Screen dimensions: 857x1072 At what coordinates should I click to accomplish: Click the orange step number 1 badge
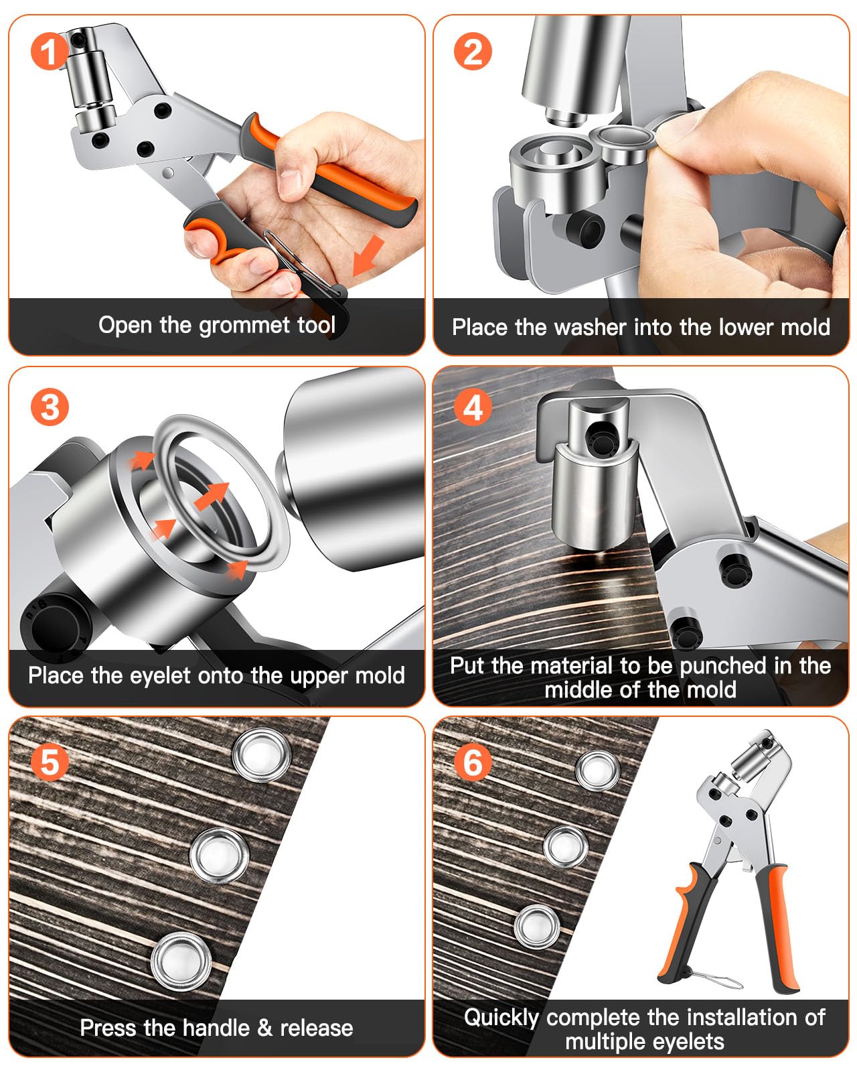pos(49,52)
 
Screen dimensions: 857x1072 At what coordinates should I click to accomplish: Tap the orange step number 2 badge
pos(473,52)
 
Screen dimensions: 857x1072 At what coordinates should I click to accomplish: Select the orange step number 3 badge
pos(50,407)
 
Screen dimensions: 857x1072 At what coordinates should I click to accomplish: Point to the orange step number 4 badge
pos(473,407)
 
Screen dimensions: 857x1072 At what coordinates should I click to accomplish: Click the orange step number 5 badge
pos(50,762)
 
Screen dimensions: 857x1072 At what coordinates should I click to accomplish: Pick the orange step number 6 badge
pos(473,762)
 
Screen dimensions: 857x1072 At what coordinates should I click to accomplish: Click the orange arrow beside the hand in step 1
pos(368,255)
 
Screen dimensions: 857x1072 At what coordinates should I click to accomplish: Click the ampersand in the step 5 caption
pos(265,1028)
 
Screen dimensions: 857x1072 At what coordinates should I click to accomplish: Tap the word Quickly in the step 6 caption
pos(501,1018)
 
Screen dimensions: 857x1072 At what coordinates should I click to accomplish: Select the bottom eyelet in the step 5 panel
pos(181,960)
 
